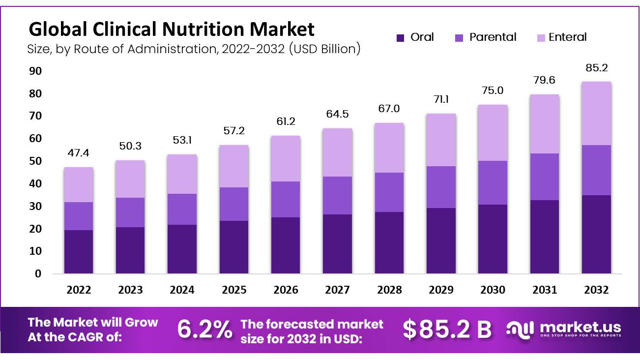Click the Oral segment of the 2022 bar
pyautogui.click(x=79, y=251)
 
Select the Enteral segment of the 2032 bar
pyautogui.click(x=596, y=113)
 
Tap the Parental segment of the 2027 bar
pyautogui.click(x=338, y=195)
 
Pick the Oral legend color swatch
pyautogui.click(x=400, y=37)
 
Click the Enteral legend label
pyautogui.click(x=567, y=37)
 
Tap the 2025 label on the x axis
pyautogui.click(x=234, y=290)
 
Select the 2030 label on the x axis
pyautogui.click(x=493, y=290)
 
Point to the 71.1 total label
pyautogui.click(x=441, y=99)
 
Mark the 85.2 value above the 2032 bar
pyautogui.click(x=596, y=67)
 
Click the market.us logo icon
pyautogui.click(x=521, y=329)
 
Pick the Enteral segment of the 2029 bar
pyautogui.click(x=441, y=140)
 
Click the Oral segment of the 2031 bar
pyautogui.click(x=545, y=237)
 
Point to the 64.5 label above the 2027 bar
pyautogui.click(x=338, y=115)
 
